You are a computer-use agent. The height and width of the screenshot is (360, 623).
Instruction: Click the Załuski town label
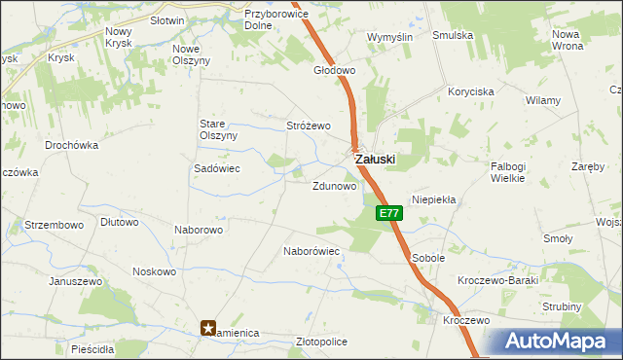[375, 160]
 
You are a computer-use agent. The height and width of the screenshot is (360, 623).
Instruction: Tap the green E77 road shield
[387, 213]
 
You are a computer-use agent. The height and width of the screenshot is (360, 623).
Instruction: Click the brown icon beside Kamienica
[208, 329]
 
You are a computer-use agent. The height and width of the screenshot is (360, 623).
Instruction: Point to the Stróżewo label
[309, 126]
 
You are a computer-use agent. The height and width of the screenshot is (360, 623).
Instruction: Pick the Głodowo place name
[334, 71]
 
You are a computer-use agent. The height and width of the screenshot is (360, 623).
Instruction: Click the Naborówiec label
[311, 251]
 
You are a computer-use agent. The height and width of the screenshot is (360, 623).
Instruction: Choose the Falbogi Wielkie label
[508, 172]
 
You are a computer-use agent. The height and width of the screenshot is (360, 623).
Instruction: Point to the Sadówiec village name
[217, 168]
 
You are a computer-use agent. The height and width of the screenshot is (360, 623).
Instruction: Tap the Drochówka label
[72, 145]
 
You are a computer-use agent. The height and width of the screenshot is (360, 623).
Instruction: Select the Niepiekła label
[434, 198]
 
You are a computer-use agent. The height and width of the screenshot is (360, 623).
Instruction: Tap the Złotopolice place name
[321, 342]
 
